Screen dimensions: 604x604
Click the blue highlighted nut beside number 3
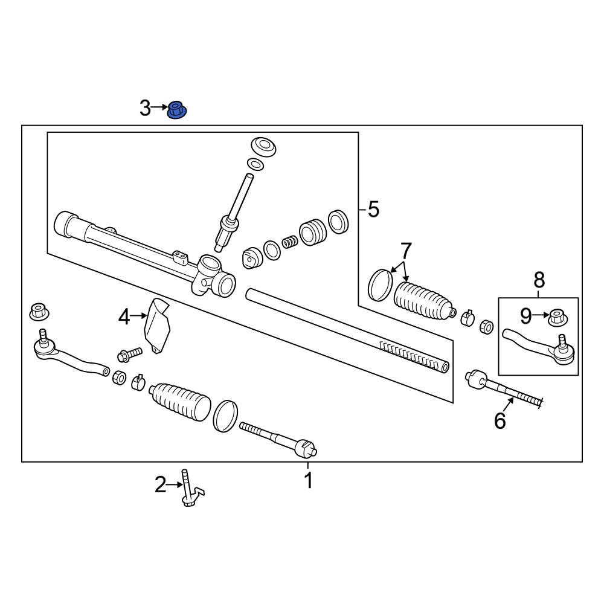[x=176, y=111]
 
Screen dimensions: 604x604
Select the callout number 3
[x=145, y=109]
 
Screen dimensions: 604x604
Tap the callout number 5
[x=373, y=210]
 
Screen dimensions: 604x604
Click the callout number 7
[x=405, y=249]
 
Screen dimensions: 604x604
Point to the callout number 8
[x=539, y=280]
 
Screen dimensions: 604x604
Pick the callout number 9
[x=526, y=315]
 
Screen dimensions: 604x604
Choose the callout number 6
[x=500, y=420]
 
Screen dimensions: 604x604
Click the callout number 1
[x=308, y=481]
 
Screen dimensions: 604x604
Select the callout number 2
[x=160, y=484]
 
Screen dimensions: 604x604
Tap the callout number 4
[x=124, y=316]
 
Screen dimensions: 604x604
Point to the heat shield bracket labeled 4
[x=157, y=325]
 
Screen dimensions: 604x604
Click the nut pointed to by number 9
[x=556, y=316]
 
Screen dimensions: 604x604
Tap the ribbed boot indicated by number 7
[x=423, y=300]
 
